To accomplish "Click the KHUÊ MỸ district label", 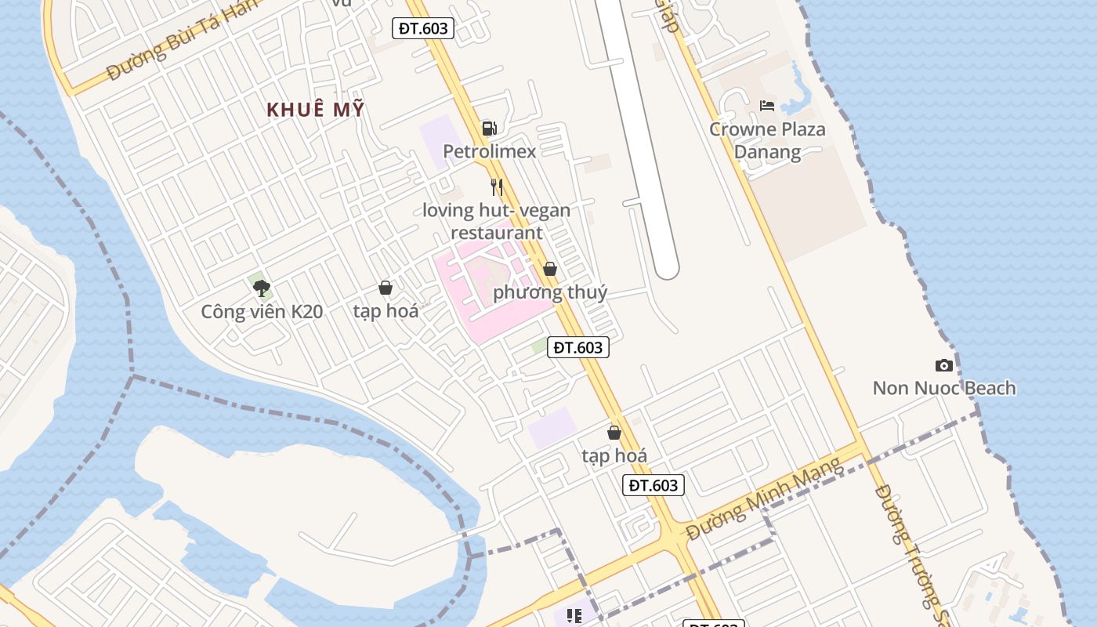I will [x=316, y=110].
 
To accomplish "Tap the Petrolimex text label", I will [x=490, y=151].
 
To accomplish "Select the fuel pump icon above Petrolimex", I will [x=489, y=128].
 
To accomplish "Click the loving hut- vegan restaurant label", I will [x=497, y=221].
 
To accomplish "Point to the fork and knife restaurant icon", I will [x=497, y=187].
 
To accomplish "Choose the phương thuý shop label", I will [x=550, y=292].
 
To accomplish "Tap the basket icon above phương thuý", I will [x=550, y=269].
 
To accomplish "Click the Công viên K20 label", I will [x=262, y=312].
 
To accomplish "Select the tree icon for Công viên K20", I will [x=262, y=288].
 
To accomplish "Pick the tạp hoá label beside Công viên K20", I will [x=386, y=311].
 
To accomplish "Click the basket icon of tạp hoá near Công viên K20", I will [x=386, y=288].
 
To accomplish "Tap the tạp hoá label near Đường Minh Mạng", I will [x=614, y=455].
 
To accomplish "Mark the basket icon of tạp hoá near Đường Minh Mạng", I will [x=614, y=433].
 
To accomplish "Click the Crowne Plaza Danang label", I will [x=767, y=140].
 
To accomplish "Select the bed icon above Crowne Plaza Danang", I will [x=767, y=105].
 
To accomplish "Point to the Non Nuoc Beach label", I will [x=944, y=388].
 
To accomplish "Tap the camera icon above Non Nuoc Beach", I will [x=944, y=365].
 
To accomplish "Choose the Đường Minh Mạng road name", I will [x=765, y=498].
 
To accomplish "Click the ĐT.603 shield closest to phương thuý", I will [x=578, y=346].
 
